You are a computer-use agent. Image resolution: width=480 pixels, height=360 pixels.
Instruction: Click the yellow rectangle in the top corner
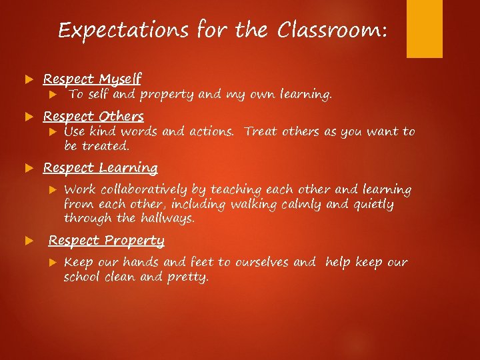425,29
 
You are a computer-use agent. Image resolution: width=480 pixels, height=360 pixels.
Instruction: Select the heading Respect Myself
93,79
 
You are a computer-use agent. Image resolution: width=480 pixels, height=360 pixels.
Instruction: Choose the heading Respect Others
93,117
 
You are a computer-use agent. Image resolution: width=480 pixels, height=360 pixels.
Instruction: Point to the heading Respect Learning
101,168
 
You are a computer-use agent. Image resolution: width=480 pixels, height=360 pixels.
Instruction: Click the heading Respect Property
107,241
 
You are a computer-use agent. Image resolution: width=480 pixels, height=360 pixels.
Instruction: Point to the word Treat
261,132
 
